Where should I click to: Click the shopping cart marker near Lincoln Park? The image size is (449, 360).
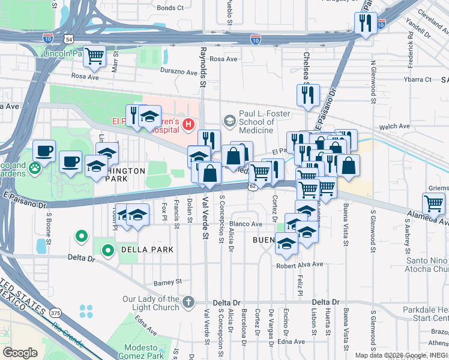[x=95, y=56]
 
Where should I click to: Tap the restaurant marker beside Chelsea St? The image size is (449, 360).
[x=306, y=95]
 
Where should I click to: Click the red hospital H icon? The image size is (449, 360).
[x=188, y=125]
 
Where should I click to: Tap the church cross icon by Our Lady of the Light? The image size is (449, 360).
[x=188, y=301]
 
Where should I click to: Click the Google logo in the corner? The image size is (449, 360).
[x=20, y=353]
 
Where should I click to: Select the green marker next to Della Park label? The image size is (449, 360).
[x=108, y=250]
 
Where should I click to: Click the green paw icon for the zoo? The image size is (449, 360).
[x=36, y=169]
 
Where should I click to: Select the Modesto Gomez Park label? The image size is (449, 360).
[x=144, y=352]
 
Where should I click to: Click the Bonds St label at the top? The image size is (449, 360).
[x=170, y=8]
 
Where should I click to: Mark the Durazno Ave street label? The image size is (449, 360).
[x=178, y=73]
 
